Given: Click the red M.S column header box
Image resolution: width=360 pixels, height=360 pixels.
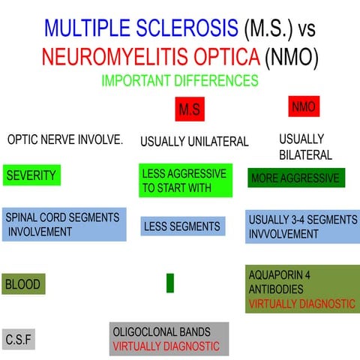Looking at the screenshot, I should point(190,109).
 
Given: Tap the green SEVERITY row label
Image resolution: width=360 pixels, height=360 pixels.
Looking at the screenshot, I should point(31,175).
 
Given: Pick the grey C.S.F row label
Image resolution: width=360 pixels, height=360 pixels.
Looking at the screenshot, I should point(19,340).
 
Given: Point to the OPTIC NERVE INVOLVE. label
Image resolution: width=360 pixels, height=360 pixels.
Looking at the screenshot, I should point(65,139).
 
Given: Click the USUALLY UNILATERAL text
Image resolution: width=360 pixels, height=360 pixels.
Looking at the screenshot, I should point(194,141).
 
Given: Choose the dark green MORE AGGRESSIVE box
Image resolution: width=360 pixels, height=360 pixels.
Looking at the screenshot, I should point(296,178).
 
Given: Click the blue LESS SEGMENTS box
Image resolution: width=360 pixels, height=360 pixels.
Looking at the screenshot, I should point(183,226).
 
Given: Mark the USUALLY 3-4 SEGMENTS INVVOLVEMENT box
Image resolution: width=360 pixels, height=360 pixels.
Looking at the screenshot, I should point(302,226).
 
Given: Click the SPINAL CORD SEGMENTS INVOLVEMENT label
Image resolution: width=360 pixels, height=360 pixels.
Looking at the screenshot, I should point(64,224).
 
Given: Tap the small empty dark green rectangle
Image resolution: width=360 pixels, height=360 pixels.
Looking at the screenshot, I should point(170,283).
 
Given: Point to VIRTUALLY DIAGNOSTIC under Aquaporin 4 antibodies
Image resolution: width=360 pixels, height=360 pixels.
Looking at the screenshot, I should point(301,304).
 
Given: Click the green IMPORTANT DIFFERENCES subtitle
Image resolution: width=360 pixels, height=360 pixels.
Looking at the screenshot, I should point(179,79).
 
